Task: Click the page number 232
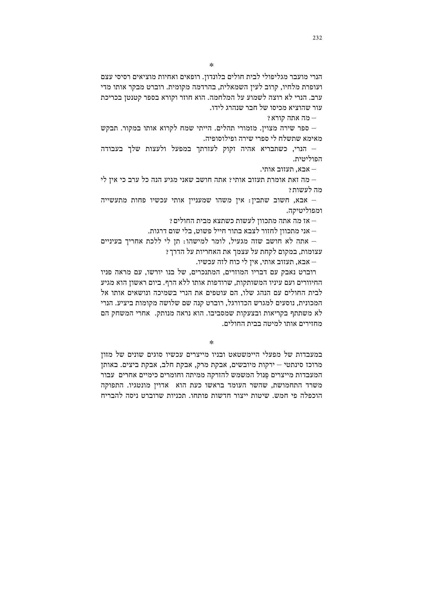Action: pyautogui.click(x=317, y=38)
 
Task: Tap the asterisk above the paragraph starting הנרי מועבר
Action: pyautogui.click(x=211, y=65)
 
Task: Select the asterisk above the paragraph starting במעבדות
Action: pyautogui.click(x=211, y=342)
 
